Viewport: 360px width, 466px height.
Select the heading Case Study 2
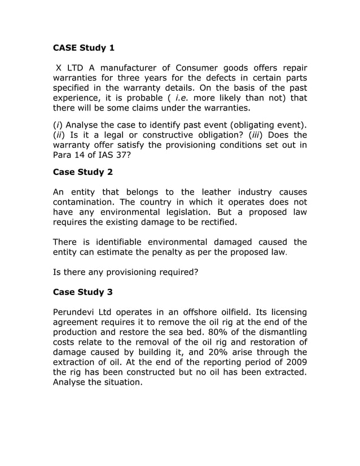(x=82, y=172)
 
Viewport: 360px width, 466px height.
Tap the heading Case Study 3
(x=82, y=292)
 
